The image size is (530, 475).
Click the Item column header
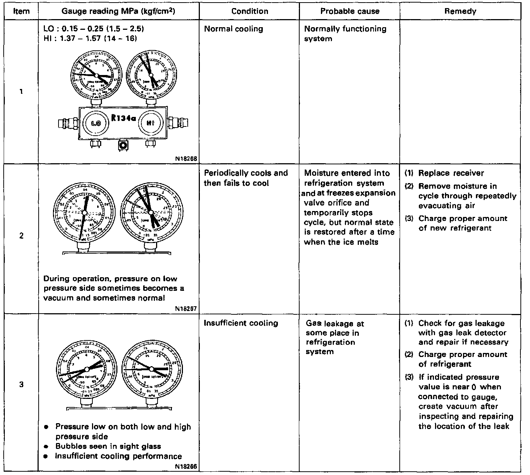click(21, 11)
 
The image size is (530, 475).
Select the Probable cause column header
click(349, 11)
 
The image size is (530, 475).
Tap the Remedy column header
click(460, 11)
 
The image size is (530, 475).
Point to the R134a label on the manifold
click(124, 119)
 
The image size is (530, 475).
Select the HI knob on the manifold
click(150, 124)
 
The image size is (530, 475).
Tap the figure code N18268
click(187, 159)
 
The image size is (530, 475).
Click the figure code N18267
click(187, 309)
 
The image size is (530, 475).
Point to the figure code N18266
click(187, 467)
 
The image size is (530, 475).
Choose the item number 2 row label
click(21, 236)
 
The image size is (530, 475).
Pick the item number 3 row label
click(21, 385)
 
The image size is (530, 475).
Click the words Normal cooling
click(233, 29)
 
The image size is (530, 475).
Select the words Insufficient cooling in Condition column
click(241, 323)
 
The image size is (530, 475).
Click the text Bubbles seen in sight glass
click(108, 446)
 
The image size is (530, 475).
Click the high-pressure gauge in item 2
click(151, 212)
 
